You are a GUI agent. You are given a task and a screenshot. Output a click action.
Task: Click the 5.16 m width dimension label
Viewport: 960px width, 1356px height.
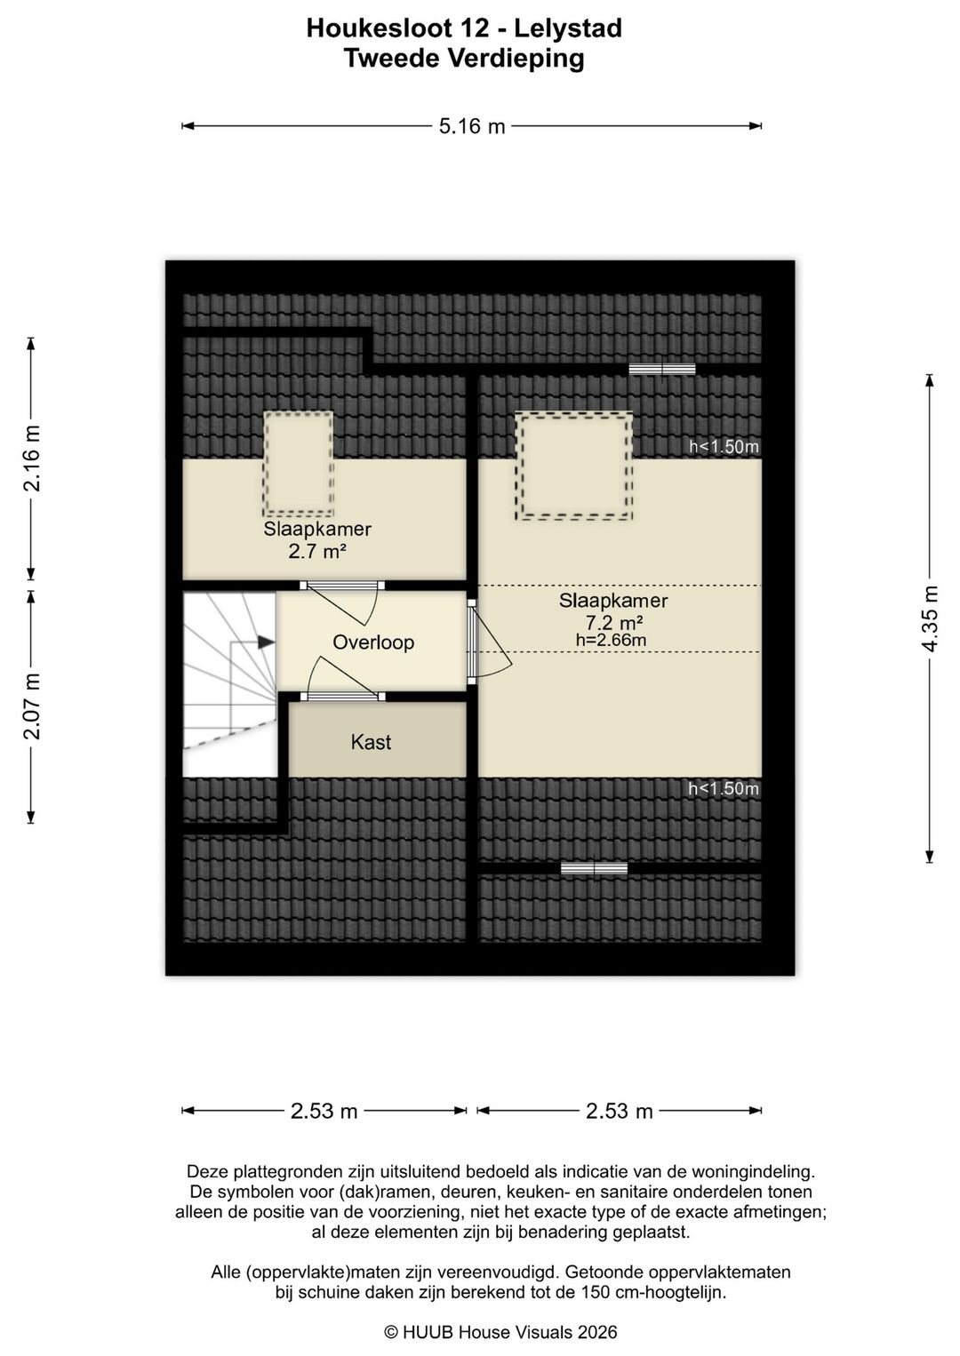coord(472,126)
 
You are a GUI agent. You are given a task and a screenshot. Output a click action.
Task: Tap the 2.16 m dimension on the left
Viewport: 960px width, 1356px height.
coord(32,458)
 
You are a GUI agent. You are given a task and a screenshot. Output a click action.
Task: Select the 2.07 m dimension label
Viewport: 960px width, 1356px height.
coord(32,706)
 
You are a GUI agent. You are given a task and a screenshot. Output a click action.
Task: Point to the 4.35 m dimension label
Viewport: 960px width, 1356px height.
coord(930,618)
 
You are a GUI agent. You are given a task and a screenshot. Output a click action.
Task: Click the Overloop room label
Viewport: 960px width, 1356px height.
coord(373,642)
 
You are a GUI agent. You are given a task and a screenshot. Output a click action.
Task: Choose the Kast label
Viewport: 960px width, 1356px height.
coord(371,742)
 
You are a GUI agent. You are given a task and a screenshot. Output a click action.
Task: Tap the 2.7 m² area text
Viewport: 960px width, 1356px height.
coord(316,552)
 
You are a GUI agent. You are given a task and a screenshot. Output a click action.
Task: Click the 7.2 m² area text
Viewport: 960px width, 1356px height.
coord(613,622)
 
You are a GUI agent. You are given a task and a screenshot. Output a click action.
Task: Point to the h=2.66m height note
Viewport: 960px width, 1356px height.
coord(612,639)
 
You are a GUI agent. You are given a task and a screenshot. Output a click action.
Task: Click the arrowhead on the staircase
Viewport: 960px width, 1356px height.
coord(267,642)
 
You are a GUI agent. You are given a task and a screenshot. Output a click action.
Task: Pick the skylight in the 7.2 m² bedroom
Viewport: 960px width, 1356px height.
coord(573,466)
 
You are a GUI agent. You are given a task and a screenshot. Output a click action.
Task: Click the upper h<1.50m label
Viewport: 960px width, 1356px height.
coord(724,447)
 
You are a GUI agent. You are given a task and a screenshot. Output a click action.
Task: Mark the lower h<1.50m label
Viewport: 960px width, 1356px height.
coord(724,788)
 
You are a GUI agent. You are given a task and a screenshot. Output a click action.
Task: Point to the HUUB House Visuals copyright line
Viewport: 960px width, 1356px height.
coord(501,1332)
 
